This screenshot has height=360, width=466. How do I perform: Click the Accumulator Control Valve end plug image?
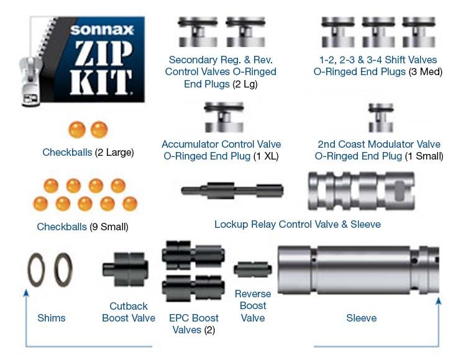pyautogui.click(x=224, y=117)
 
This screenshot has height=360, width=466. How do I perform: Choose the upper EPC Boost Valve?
pyautogui.click(x=189, y=255)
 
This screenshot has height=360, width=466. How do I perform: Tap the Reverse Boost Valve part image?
pyautogui.click(x=252, y=270)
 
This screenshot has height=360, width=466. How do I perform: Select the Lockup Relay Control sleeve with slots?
pyautogui.click(x=360, y=191)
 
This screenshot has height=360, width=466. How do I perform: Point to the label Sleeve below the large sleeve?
pyautogui.click(x=361, y=318)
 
